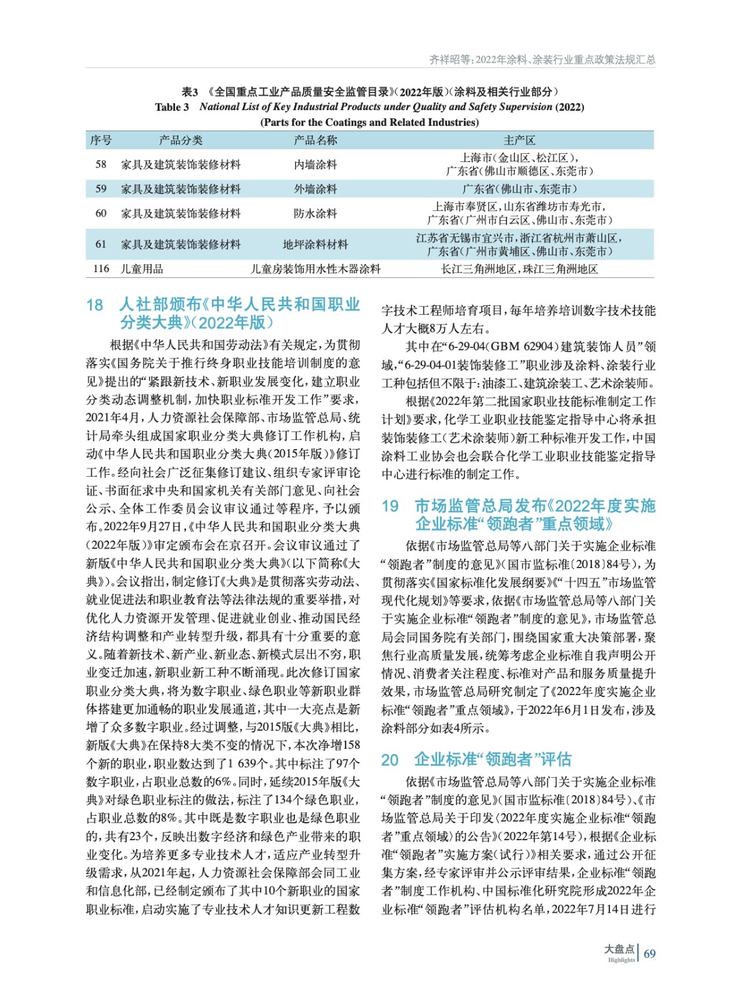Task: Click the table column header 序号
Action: (101, 140)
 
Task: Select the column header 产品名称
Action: (315, 140)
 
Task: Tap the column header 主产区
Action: (519, 140)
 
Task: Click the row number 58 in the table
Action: (101, 165)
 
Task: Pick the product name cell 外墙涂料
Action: (315, 189)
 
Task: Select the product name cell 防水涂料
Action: (315, 213)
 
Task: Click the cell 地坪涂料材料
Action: (315, 245)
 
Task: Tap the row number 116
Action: (101, 269)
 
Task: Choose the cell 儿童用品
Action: (142, 269)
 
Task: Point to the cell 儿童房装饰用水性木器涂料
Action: (315, 269)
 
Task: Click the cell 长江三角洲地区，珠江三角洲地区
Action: (519, 269)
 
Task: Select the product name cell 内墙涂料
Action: (315, 165)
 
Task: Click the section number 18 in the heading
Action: (94, 305)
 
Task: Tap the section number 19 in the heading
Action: (390, 506)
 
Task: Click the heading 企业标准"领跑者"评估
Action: (492, 760)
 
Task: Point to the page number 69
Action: (649, 953)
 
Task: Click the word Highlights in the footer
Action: (621, 960)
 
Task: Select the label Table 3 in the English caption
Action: (172, 107)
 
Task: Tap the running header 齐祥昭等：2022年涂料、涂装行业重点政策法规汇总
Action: (542, 59)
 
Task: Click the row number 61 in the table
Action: (101, 245)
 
